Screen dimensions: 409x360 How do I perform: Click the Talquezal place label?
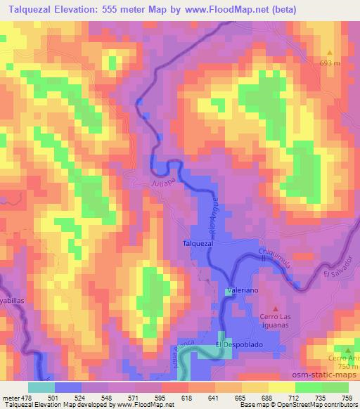pyautogui.click(x=198, y=243)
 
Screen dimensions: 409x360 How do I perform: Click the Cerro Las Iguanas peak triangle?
pyautogui.click(x=275, y=308)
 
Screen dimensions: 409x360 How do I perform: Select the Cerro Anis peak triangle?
pyautogui.click(x=347, y=349)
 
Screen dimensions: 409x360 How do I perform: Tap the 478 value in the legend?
pyautogui.click(x=27, y=397)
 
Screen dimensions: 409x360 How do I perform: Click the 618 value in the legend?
pyautogui.click(x=188, y=397)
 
